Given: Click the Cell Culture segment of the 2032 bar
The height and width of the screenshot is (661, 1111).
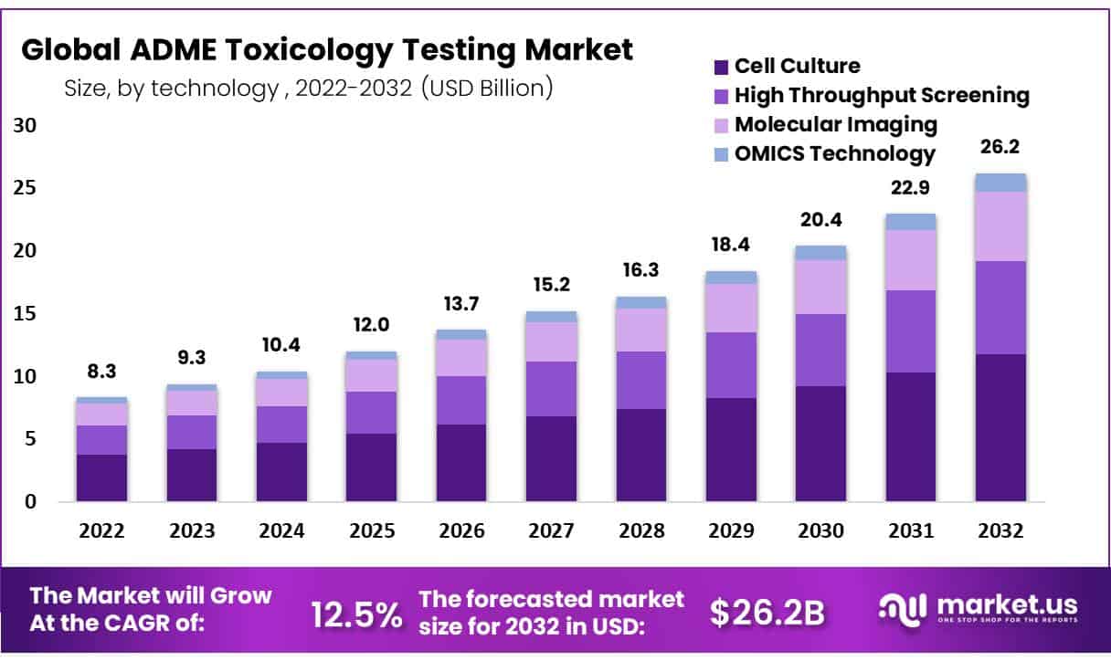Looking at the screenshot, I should [x=1000, y=427].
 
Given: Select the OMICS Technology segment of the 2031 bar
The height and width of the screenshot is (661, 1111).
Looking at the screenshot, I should [x=911, y=222].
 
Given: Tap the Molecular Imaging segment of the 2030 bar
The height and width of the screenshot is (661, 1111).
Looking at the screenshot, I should [x=820, y=287].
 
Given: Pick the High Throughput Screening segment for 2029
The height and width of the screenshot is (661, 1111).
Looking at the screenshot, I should [x=731, y=365].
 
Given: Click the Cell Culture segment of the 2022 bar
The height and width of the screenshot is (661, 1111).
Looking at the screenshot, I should [x=101, y=477].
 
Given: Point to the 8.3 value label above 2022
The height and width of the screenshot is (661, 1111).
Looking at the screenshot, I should [x=101, y=372].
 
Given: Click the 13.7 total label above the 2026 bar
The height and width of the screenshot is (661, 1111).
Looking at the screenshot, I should [x=461, y=303].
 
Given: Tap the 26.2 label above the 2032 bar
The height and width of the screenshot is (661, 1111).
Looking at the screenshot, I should [x=1000, y=146].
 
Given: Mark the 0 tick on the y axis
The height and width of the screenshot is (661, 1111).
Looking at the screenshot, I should [x=30, y=501].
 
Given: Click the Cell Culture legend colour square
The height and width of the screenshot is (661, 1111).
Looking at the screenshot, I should [x=721, y=67].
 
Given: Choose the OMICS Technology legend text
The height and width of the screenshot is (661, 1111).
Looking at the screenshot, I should [x=835, y=153].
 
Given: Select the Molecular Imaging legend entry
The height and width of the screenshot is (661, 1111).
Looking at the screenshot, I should [x=836, y=124].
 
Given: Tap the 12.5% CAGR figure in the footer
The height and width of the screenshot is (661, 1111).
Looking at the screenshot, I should [x=356, y=614].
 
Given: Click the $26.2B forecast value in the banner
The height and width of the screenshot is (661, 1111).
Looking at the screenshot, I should [x=767, y=614].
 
